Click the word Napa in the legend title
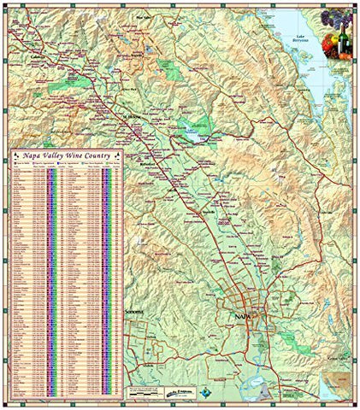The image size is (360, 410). click(37, 156)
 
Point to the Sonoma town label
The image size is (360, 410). click(138, 313)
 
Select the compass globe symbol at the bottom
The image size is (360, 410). click(210, 392)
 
